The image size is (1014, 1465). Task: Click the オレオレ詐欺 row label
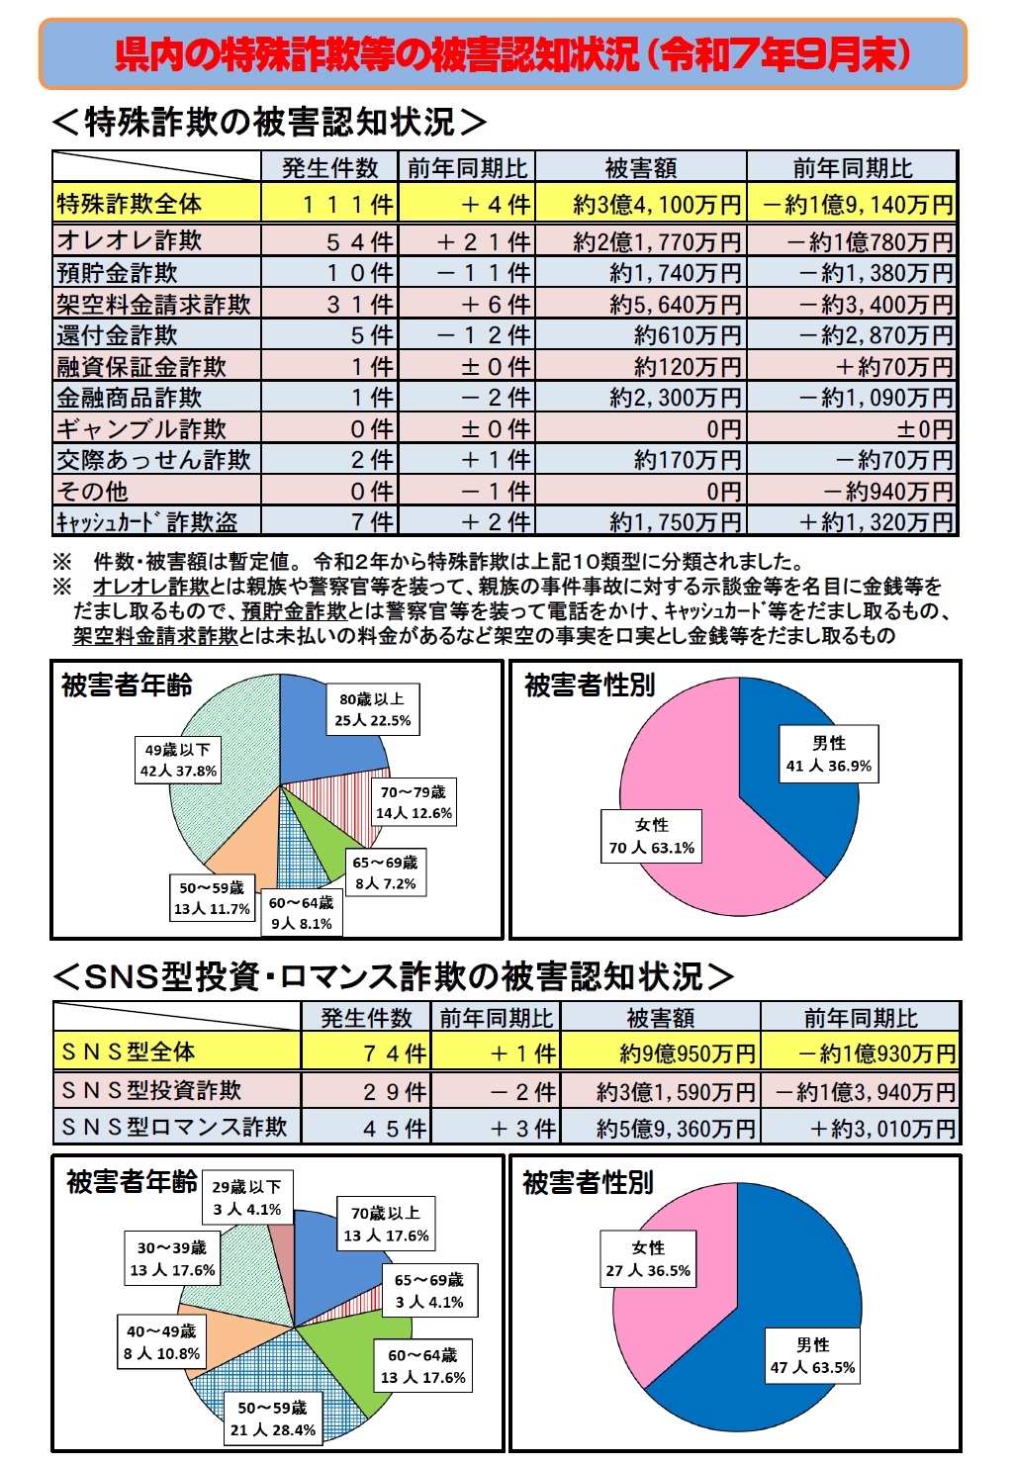coord(130,240)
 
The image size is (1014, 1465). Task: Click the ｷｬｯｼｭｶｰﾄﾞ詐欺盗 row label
coord(146,521)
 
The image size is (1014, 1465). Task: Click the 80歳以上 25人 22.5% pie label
coord(372,709)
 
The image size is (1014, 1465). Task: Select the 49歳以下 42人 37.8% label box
coord(178,760)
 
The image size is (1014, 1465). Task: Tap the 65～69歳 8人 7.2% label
coord(385,872)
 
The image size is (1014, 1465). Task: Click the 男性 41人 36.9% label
coord(829,755)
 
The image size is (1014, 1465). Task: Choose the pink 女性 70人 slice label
coord(652,836)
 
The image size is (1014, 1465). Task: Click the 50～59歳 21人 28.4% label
coord(272,1419)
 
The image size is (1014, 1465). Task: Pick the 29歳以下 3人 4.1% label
coord(246,1197)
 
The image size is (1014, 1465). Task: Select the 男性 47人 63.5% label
coord(812,1356)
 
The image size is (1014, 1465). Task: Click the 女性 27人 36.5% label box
coord(648,1258)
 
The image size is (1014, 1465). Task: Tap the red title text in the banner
coord(511,54)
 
